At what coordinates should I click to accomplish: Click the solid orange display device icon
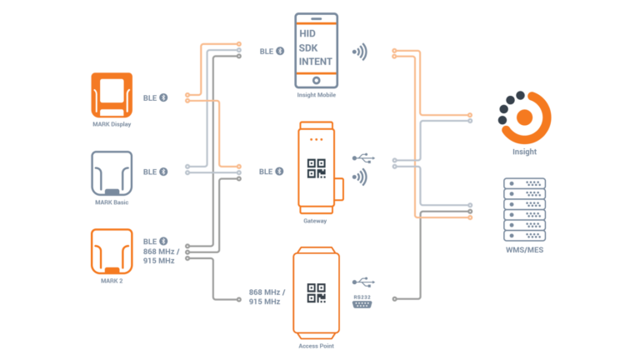point(112,94)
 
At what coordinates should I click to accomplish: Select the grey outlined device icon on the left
point(112,172)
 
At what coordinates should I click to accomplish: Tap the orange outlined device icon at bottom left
point(112,250)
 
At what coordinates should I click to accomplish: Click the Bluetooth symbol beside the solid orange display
point(163,97)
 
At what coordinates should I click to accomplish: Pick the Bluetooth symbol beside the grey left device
point(163,172)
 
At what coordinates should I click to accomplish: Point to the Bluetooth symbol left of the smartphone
point(280,51)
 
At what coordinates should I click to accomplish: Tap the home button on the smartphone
point(316,80)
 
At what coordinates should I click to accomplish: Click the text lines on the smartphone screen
point(316,47)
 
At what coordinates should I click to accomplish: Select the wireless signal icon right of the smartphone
point(360,52)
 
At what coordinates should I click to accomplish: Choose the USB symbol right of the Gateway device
point(363,157)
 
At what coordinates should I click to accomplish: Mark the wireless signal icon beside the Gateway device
point(360,177)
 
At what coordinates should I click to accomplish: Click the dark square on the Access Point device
point(316,293)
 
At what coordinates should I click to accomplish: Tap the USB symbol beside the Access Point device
point(363,281)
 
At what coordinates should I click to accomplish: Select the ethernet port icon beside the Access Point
point(362,301)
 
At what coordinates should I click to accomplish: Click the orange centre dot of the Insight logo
point(524,117)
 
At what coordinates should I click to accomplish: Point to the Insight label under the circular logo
point(524,152)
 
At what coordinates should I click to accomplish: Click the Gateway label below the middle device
point(315,221)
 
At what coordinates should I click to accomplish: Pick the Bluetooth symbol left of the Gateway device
point(280,171)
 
